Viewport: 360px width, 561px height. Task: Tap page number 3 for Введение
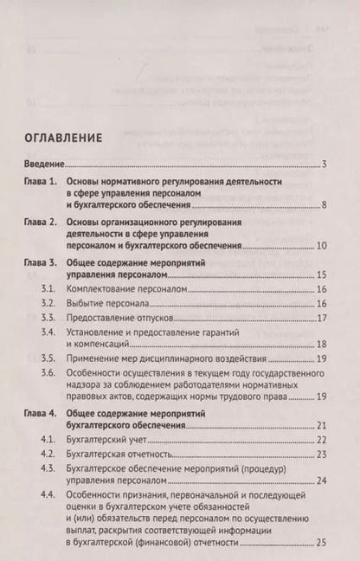tap(322, 164)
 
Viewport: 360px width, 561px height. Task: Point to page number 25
tap(319, 543)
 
